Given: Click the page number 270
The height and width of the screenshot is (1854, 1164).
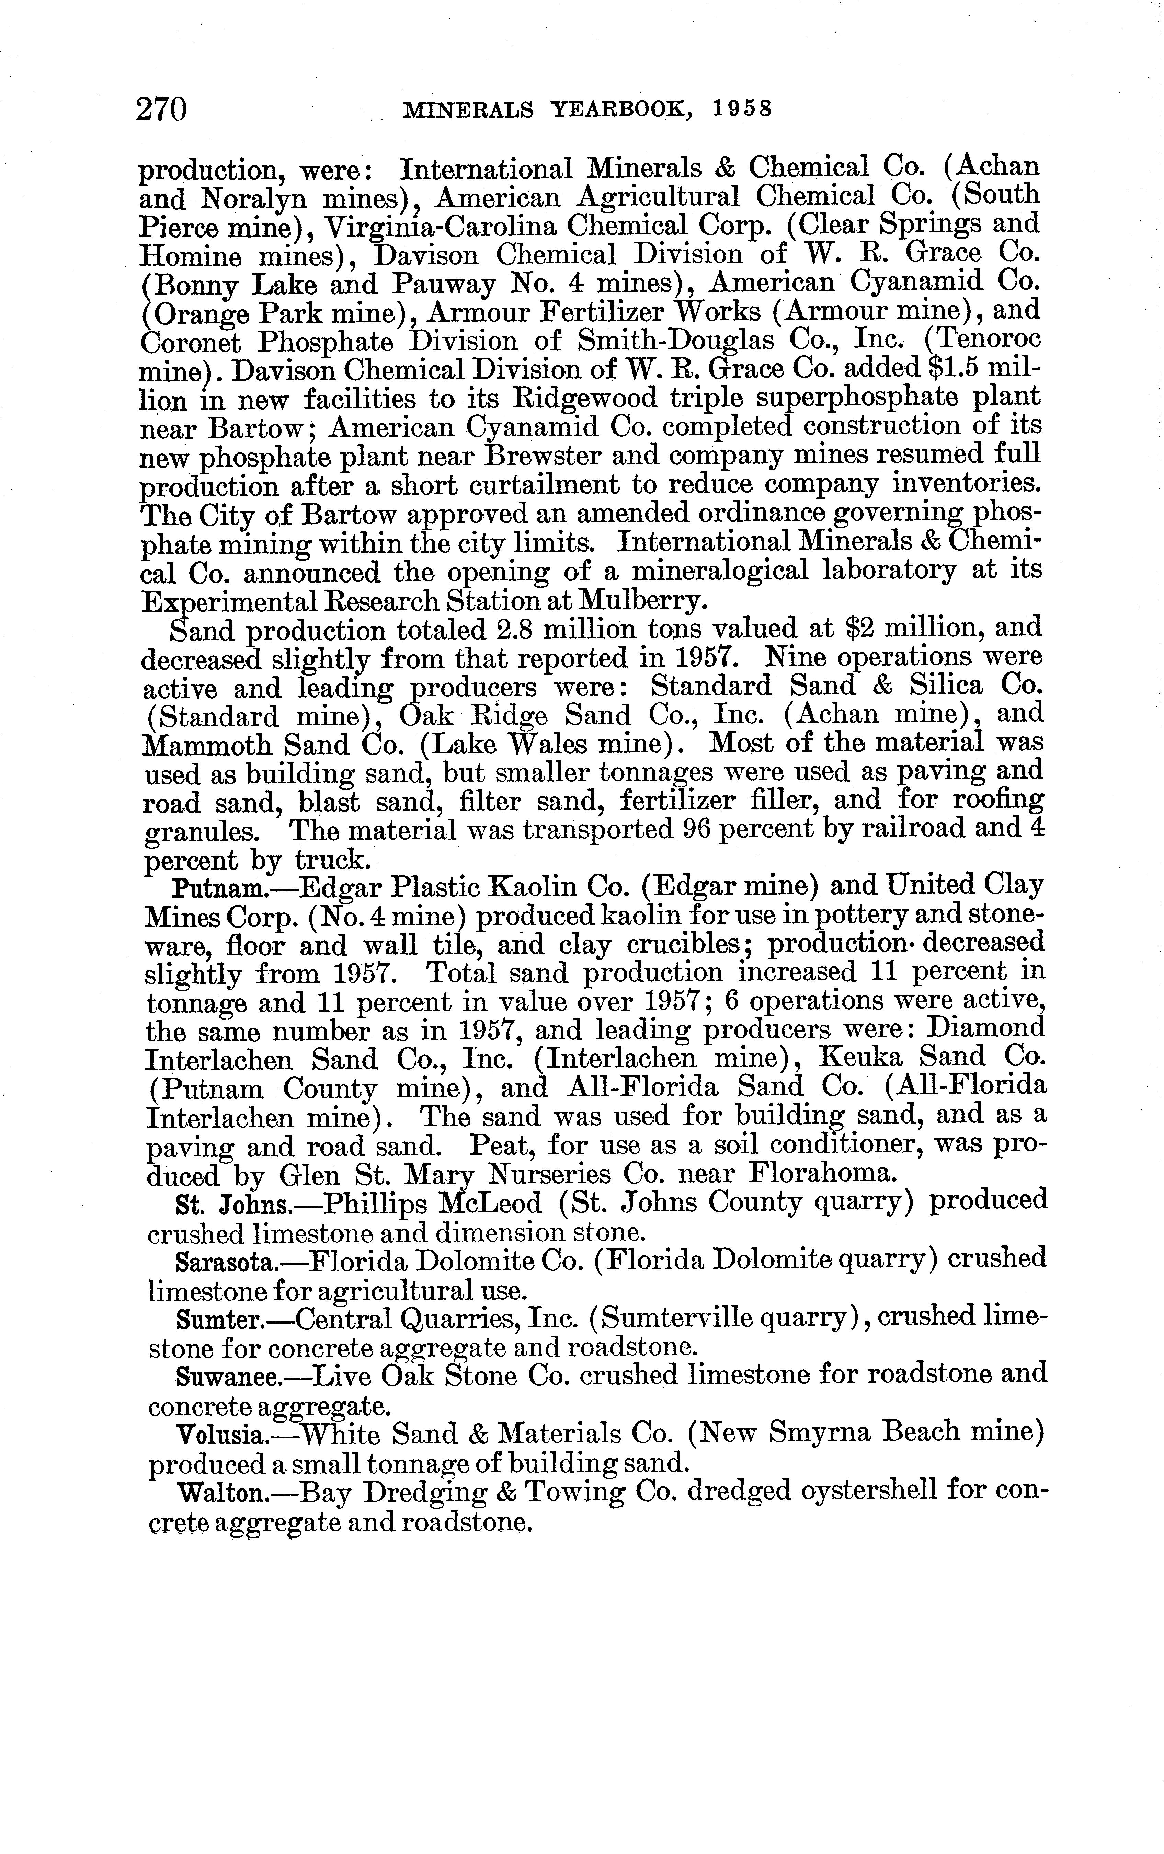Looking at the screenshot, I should point(162,109).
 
